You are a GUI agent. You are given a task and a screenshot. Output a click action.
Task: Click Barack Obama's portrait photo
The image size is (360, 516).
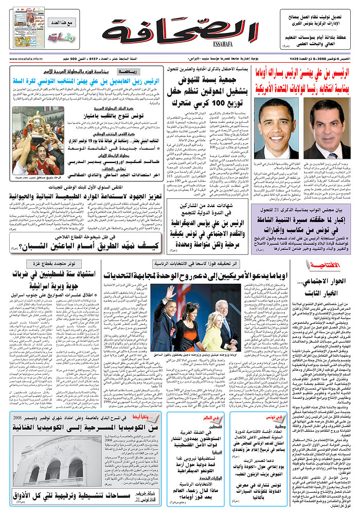click(x=276, y=128)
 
